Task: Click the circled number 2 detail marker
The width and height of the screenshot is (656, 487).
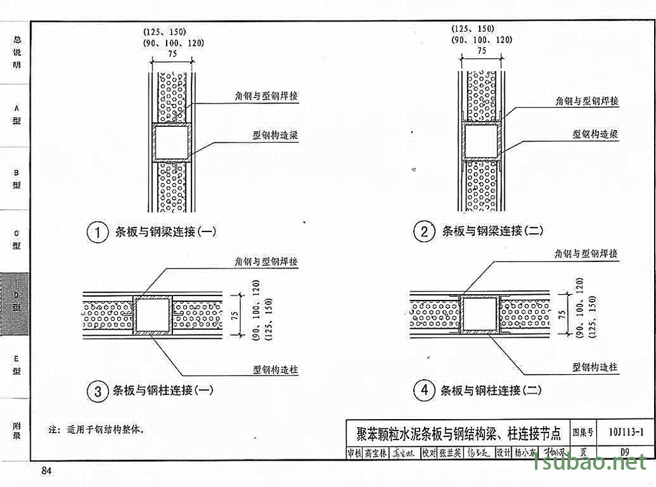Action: pyautogui.click(x=424, y=232)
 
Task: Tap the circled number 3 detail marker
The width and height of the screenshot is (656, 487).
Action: pyautogui.click(x=97, y=391)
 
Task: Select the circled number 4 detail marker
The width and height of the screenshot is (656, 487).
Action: pyautogui.click(x=424, y=391)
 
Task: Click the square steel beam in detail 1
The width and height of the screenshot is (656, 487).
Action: pyautogui.click(x=172, y=143)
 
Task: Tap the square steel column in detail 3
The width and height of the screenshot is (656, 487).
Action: pyautogui.click(x=152, y=315)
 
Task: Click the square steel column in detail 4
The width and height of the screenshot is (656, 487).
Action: pyautogui.click(x=480, y=314)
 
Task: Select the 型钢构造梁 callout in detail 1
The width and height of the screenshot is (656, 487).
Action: pyautogui.click(x=275, y=136)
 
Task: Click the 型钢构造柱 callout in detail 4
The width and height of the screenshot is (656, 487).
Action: pyautogui.click(x=594, y=367)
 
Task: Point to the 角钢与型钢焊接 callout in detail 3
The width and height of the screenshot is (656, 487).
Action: pyautogui.click(x=266, y=262)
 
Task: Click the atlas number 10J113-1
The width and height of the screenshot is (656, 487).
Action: pyautogui.click(x=627, y=433)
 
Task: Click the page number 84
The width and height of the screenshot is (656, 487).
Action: pyautogui.click(x=46, y=472)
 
